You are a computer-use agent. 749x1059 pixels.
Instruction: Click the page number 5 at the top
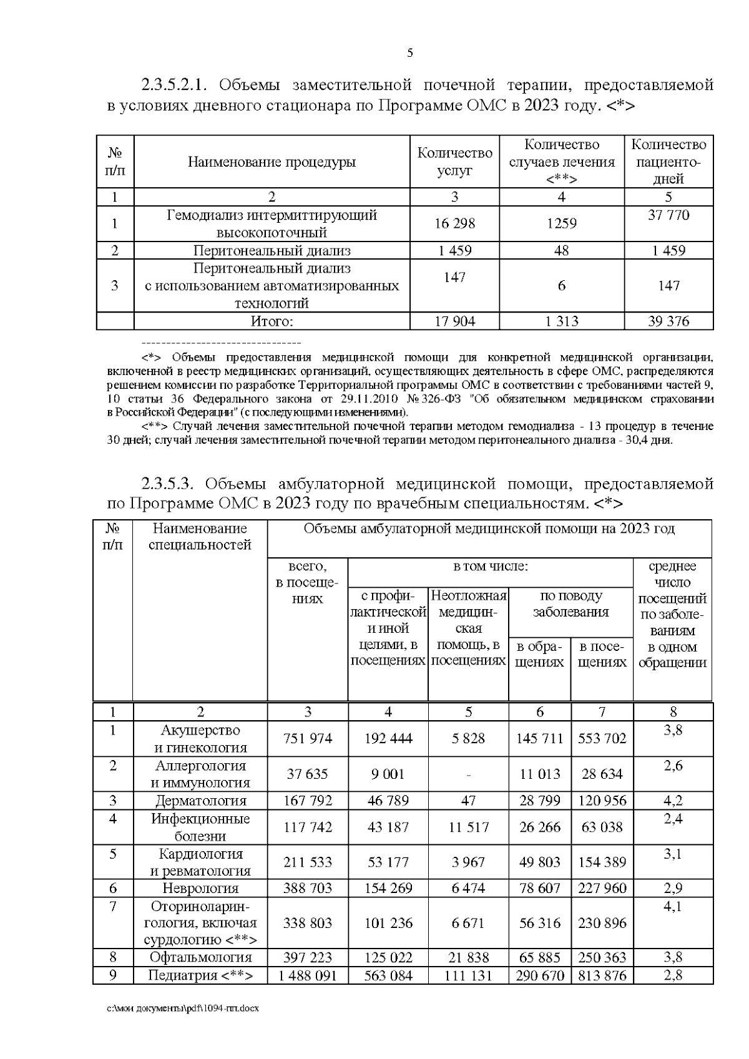pos(410,53)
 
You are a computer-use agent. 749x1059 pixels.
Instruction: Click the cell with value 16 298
pos(454,223)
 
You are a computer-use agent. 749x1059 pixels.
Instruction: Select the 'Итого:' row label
pos(272,321)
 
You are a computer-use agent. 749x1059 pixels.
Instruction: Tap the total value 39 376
pos(668,321)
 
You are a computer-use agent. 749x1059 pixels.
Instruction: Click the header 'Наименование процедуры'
pos(272,162)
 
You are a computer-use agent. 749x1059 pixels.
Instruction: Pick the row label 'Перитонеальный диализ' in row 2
pos(272,251)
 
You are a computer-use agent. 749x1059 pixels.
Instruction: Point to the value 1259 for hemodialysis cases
pos(561,223)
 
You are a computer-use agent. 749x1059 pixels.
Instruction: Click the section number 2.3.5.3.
pos(170,484)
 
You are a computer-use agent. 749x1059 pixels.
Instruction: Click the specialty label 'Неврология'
pos(200,888)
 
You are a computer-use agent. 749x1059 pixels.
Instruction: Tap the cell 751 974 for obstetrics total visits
pos(308,739)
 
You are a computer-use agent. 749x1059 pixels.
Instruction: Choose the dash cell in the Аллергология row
pos(468,774)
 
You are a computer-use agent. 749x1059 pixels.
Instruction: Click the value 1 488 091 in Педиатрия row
pos(308,976)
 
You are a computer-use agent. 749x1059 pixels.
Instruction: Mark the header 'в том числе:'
pos(490,567)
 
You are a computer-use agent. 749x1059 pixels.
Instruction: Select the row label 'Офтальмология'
pos(200,957)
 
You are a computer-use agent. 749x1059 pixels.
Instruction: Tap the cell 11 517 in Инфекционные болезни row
pos(468,827)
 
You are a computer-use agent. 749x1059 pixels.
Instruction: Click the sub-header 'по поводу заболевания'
pos(570,603)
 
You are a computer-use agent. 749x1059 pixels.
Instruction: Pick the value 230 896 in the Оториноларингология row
pos(602,923)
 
